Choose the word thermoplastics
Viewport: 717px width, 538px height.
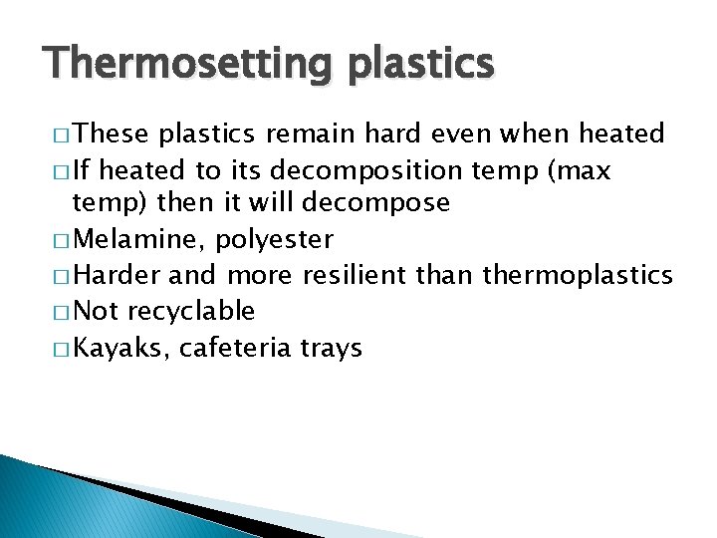(x=578, y=276)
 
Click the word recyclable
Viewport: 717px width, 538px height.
(x=191, y=312)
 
